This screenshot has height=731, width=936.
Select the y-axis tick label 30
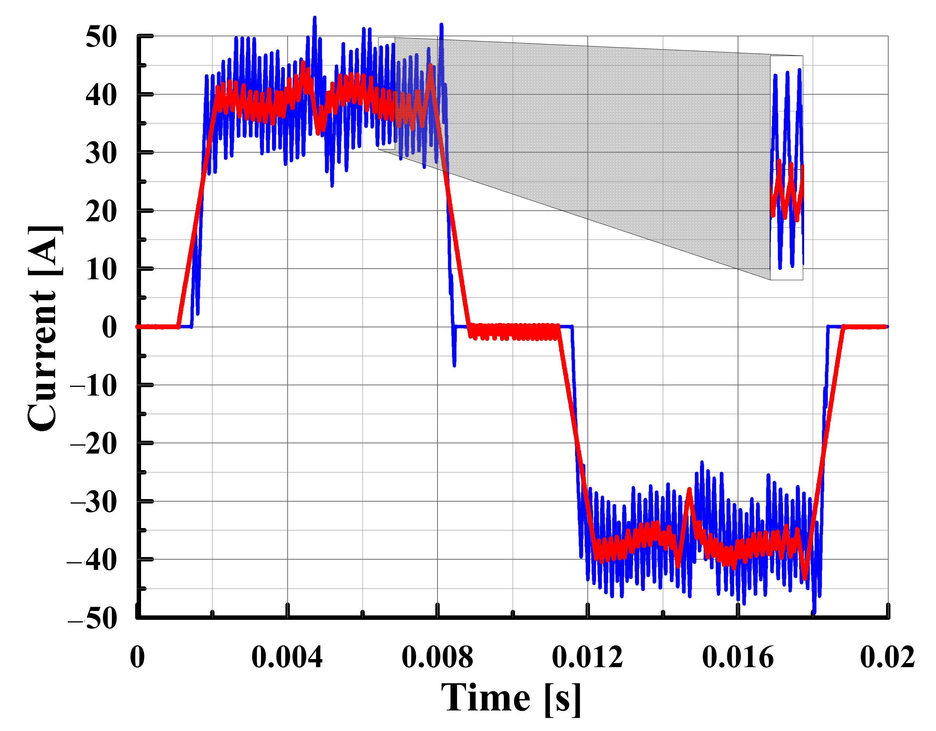[101, 153]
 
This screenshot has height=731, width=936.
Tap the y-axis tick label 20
[101, 211]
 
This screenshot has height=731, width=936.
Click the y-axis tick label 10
[101, 270]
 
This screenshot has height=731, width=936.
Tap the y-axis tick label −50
[93, 619]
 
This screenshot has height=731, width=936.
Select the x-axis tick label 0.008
[437, 657]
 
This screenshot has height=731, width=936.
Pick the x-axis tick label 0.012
[588, 657]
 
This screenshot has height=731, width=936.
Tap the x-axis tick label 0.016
[738, 657]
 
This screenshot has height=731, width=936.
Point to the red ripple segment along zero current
[514, 332]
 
